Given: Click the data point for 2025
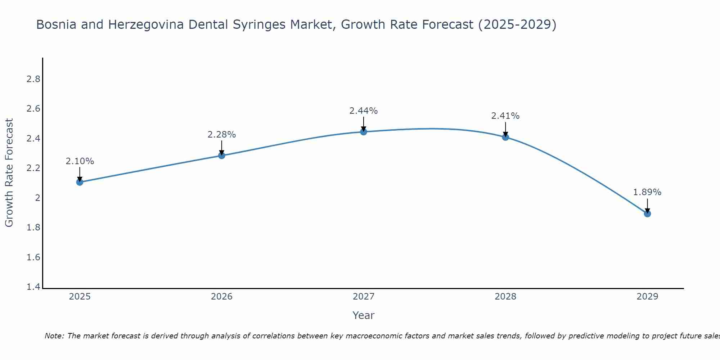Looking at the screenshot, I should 80,182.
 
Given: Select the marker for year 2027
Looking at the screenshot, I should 364,132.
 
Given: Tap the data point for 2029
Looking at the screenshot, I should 647,213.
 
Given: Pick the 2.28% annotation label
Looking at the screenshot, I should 221,135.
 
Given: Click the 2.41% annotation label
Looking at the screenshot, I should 505,116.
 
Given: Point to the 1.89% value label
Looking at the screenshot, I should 647,192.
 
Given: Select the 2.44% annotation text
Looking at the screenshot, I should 363,111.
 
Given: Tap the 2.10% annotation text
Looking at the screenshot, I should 80,161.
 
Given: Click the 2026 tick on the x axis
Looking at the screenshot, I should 221,297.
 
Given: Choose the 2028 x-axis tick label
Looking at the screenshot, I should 505,297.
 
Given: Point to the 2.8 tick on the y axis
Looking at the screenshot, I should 33,79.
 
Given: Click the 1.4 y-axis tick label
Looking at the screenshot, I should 33,287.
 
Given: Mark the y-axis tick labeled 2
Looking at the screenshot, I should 37,198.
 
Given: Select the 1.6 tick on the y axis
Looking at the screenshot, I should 33,257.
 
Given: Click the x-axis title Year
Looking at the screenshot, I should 363,315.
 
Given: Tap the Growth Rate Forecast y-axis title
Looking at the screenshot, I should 9,172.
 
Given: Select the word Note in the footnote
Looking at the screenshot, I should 54,336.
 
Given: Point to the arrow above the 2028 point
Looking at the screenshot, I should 505,129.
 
